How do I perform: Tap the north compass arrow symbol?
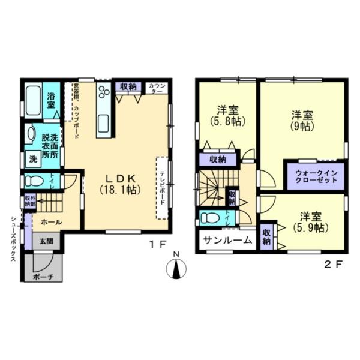176,268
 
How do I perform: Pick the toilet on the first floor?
36,180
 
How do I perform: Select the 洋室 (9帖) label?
302,120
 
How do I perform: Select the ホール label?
50,221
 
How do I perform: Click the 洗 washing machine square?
32,160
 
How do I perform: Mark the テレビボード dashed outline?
161,187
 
